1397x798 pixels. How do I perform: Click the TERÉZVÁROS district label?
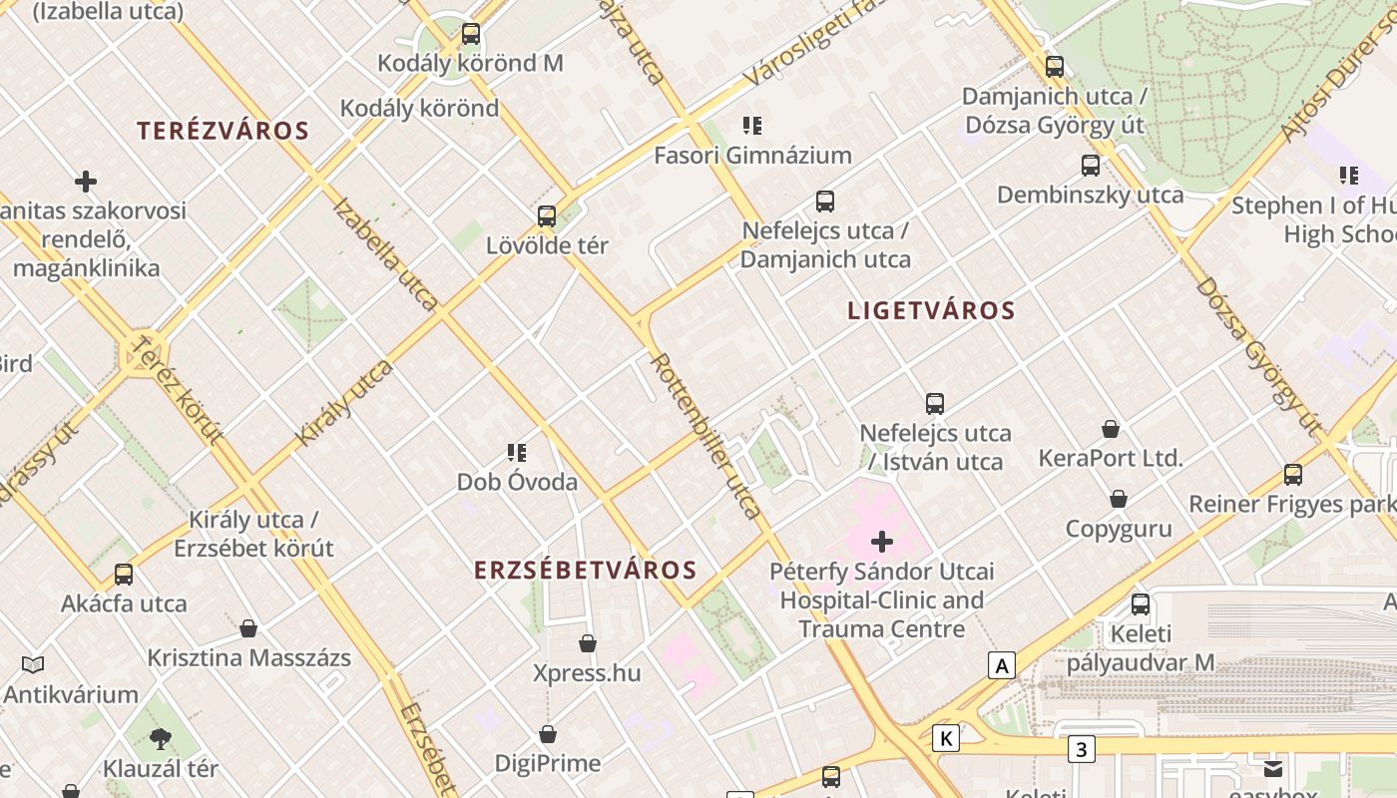(223, 131)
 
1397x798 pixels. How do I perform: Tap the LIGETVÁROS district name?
(931, 310)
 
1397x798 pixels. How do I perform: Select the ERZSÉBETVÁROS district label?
(585, 571)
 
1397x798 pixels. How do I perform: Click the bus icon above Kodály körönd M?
(471, 34)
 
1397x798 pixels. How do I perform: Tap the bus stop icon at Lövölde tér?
(547, 216)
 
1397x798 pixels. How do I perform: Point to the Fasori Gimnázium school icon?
(752, 126)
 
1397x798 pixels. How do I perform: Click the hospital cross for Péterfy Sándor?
(882, 543)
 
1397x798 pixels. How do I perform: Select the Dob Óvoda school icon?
(517, 453)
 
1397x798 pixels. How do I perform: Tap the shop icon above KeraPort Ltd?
(1111, 429)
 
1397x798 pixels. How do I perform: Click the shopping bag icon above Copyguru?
(1119, 499)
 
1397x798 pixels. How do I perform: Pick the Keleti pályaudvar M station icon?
(1141, 604)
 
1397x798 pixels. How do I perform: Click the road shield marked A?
(1001, 665)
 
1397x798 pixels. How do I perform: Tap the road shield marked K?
(946, 738)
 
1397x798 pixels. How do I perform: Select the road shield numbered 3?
(1081, 748)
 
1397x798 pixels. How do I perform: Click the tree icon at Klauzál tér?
(161, 739)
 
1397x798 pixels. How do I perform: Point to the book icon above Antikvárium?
(33, 664)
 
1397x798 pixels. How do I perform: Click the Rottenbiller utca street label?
(706, 435)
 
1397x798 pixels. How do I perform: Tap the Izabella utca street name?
(385, 253)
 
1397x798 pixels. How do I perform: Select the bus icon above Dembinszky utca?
(1091, 166)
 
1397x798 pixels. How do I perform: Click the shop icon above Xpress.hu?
(588, 643)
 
